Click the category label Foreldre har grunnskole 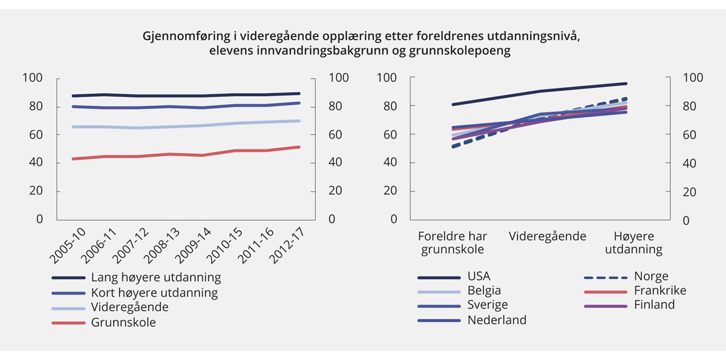pyautogui.click(x=453, y=242)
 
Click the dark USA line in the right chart pyautogui.click(x=538, y=91)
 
